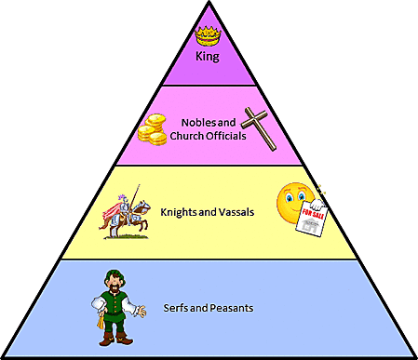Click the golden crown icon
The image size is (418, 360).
(x=207, y=36)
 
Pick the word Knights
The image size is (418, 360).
(x=181, y=212)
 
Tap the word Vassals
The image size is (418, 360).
(x=236, y=212)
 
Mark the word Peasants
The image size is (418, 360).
(x=231, y=308)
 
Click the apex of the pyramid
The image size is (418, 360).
(x=209, y=3)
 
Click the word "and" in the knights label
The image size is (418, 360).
(x=209, y=212)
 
